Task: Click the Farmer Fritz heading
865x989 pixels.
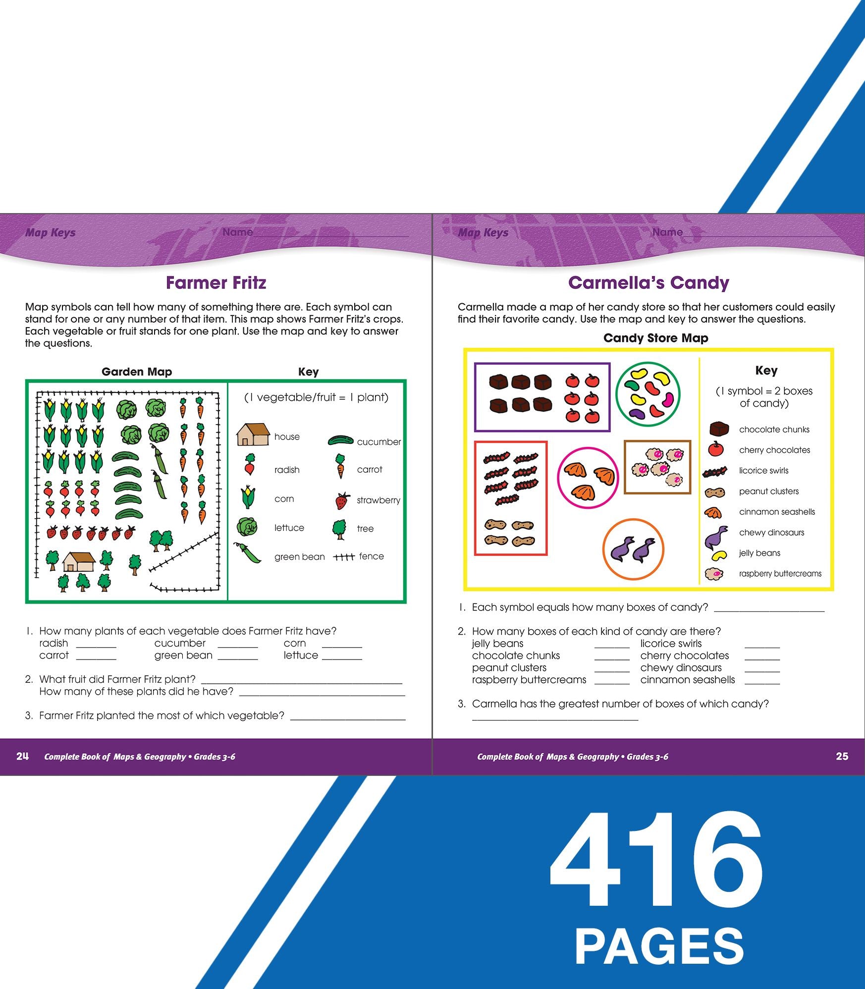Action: pyautogui.click(x=216, y=283)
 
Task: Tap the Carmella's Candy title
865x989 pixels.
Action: pyautogui.click(x=649, y=283)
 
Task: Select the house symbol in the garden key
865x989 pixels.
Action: pyautogui.click(x=253, y=435)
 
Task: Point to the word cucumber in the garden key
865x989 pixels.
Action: pyautogui.click(x=379, y=442)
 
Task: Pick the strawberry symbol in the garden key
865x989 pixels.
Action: pyautogui.click(x=342, y=501)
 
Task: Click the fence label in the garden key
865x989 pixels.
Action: pyautogui.click(x=372, y=556)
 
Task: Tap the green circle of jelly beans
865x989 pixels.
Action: pyautogui.click(x=648, y=395)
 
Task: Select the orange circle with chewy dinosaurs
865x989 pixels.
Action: pyautogui.click(x=633, y=549)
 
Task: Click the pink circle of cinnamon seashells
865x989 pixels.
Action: pyautogui.click(x=588, y=478)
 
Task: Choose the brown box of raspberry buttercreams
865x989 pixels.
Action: pyautogui.click(x=657, y=467)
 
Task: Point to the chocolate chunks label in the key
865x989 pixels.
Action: pyautogui.click(x=774, y=430)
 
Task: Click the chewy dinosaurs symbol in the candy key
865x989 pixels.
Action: pyautogui.click(x=717, y=537)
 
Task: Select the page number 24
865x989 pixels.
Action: pyautogui.click(x=22, y=756)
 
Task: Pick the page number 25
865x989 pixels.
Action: pyautogui.click(x=842, y=756)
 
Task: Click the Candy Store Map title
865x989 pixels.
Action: pyautogui.click(x=656, y=338)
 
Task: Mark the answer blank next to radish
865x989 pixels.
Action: pyautogui.click(x=96, y=647)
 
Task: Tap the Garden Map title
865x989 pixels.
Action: pyautogui.click(x=137, y=372)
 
